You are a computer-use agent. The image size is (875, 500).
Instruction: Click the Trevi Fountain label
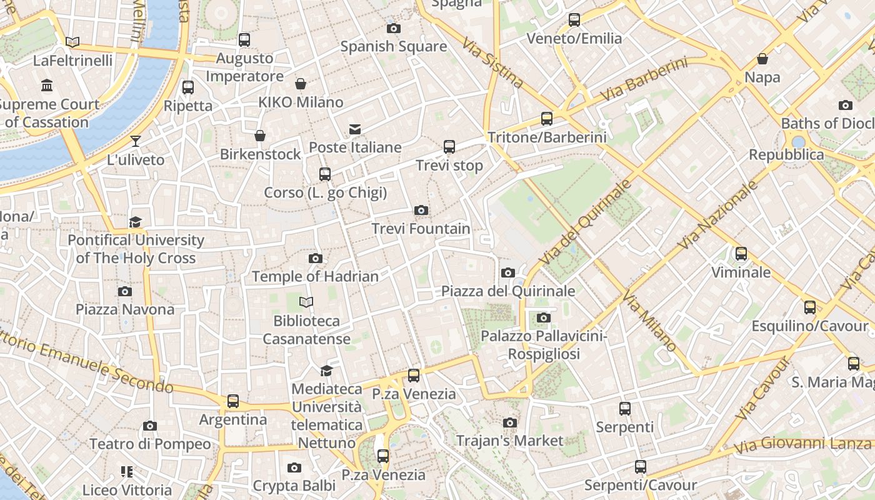(421, 229)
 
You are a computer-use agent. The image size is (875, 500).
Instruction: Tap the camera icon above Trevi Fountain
(421, 210)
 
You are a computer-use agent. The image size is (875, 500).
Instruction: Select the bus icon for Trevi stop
(449, 147)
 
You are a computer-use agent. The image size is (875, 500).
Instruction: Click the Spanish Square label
(393, 46)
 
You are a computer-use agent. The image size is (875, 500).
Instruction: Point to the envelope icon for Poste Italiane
(354, 129)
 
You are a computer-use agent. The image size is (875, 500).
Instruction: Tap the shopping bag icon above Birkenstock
(260, 136)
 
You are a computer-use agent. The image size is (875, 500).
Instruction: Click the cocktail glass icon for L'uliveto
(136, 141)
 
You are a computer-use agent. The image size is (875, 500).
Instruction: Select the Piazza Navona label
(125, 309)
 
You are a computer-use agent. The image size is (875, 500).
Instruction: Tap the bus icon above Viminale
(741, 254)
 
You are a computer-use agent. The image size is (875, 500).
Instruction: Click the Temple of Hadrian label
(315, 276)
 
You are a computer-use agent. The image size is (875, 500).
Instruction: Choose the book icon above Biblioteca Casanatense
(306, 302)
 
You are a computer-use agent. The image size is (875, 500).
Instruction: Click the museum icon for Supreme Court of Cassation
(47, 85)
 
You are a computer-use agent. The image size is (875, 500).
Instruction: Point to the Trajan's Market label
(509, 441)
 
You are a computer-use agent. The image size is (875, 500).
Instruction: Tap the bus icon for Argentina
(232, 401)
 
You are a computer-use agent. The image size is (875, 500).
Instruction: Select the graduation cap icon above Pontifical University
(135, 222)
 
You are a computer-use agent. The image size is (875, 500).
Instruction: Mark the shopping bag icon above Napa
(762, 59)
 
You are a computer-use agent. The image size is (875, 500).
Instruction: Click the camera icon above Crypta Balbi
(294, 467)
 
